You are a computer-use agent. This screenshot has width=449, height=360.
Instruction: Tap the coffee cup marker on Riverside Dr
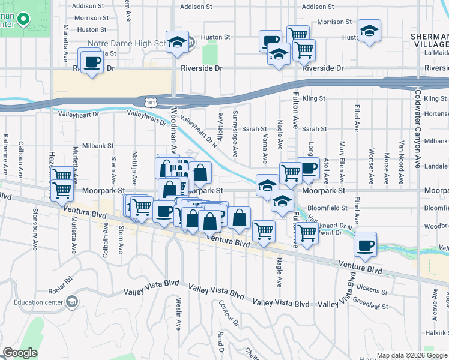coord(92,64)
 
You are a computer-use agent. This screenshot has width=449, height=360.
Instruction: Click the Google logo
coord(20,352)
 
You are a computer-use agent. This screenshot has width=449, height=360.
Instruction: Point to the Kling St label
coord(314,98)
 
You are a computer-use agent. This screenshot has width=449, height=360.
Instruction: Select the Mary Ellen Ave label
coord(341,157)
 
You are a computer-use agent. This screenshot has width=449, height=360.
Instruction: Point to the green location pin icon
coord(23,19)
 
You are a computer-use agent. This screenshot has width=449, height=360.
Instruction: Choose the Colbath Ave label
coord(105,239)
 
